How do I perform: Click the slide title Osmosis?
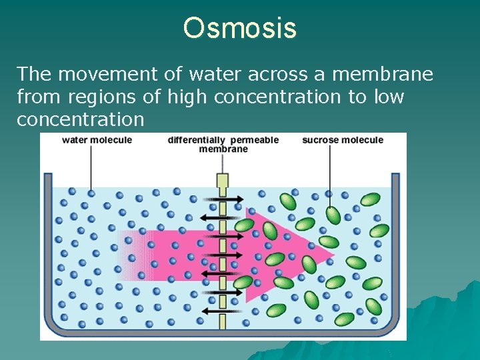(240, 29)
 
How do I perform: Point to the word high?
(189, 97)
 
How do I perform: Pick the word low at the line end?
(388, 97)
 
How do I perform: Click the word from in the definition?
(34, 97)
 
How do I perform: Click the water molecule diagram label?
(97, 140)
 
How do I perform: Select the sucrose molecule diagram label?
(343, 140)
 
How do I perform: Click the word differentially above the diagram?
(197, 140)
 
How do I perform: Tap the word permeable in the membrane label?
(256, 140)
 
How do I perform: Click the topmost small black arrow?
(223, 199)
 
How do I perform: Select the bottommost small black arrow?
(223, 310)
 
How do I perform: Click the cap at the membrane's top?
(223, 180)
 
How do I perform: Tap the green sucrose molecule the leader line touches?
(333, 215)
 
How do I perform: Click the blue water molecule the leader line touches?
(91, 193)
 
